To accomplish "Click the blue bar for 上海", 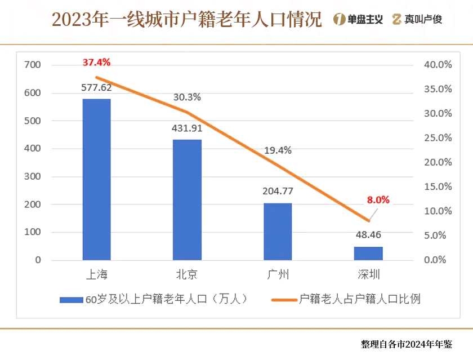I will pos(97,179).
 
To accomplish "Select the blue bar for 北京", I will pos(187,199).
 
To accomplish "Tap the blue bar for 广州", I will pos(278,231).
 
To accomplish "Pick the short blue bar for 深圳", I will pos(368,253).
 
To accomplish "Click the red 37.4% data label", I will pos(96,62).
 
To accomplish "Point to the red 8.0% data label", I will pos(378,199).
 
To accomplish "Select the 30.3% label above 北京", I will pos(187,97).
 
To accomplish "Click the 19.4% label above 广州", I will pos(278,150).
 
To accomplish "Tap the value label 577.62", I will pos(97,87).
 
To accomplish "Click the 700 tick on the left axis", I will pos(33,65).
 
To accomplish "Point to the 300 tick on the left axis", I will pos(33,176).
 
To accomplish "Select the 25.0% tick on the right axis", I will pos(438,137).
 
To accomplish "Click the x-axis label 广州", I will pos(278,275).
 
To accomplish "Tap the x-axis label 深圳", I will pos(368,275).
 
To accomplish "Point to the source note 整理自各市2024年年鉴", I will pos(407,344).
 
